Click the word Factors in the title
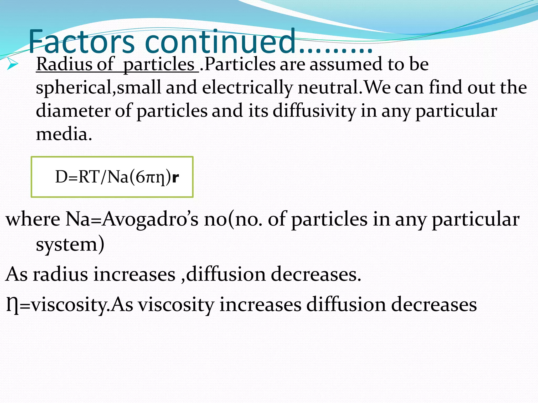[x=81, y=42]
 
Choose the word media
[x=64, y=134]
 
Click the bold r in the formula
[x=175, y=177]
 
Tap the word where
[x=33, y=219]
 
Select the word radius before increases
[x=60, y=274]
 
